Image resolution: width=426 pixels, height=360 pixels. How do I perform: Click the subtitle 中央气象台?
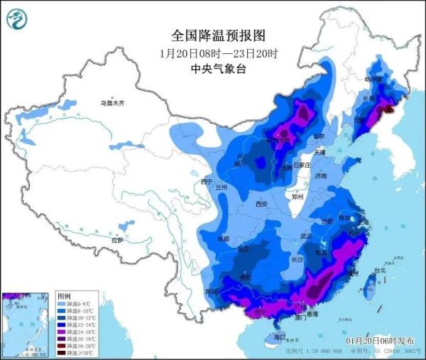tap(213, 69)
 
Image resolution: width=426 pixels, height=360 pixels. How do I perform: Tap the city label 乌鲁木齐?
tap(111, 104)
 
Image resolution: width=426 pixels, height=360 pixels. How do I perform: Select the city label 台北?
tap(380, 271)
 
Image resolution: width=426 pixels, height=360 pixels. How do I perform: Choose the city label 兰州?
tap(222, 187)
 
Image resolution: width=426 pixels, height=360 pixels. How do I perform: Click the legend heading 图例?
tap(64, 295)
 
